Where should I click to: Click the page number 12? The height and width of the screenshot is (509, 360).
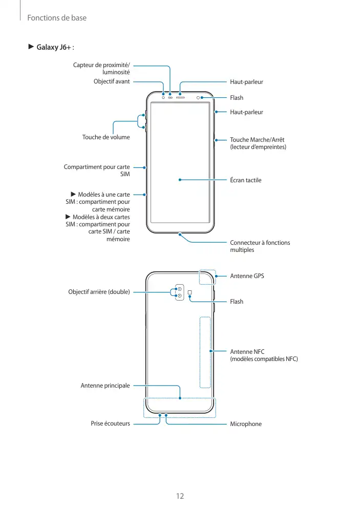click(x=180, y=496)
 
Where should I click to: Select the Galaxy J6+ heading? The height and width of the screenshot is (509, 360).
click(x=53, y=48)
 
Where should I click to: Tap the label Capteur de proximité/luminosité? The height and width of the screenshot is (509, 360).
click(x=101, y=69)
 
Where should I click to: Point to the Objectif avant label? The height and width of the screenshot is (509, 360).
click(x=112, y=81)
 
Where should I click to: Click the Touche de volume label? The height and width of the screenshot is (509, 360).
click(x=106, y=137)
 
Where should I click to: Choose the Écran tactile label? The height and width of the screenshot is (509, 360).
click(x=246, y=180)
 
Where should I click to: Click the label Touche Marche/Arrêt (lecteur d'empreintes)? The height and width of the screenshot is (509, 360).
click(x=258, y=143)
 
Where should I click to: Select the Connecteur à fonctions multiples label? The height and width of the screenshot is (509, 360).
click(x=260, y=246)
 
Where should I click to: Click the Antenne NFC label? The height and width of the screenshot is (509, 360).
click(x=263, y=355)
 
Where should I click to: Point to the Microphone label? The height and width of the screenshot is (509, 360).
click(x=246, y=424)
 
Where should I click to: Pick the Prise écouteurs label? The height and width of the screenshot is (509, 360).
click(x=110, y=424)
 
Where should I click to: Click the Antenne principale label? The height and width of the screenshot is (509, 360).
click(x=105, y=385)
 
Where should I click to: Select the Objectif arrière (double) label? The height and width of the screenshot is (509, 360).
click(x=99, y=292)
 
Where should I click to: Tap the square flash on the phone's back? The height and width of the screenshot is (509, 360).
click(x=190, y=293)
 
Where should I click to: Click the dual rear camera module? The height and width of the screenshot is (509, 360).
click(x=180, y=292)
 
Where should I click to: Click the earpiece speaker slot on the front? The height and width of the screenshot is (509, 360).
click(x=181, y=96)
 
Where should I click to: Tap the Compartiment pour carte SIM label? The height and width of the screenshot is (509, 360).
click(x=97, y=171)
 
